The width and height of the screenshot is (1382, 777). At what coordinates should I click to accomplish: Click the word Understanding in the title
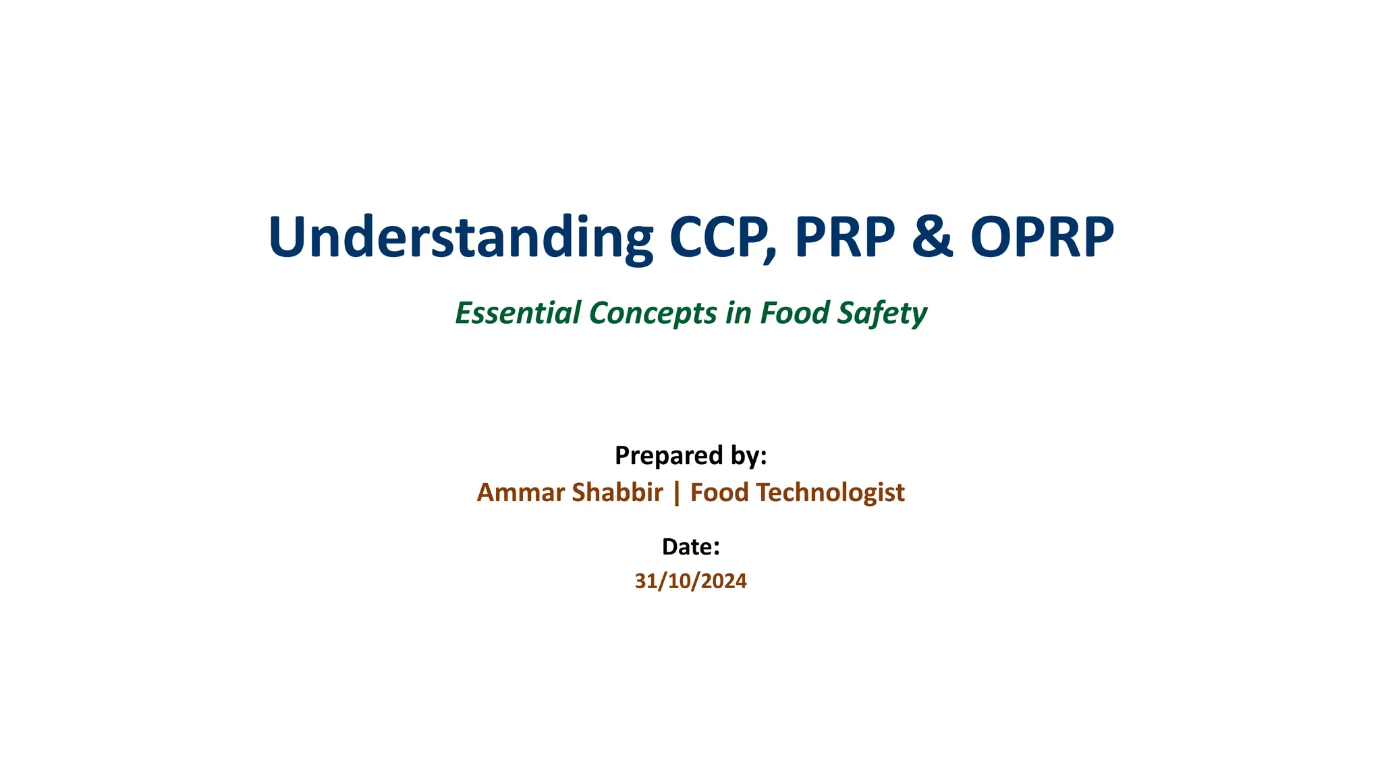[x=460, y=237]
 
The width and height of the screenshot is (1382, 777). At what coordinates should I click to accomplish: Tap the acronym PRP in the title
[x=845, y=237]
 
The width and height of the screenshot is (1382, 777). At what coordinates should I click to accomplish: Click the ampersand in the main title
[x=933, y=237]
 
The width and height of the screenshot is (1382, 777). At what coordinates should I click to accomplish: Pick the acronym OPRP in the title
[x=1042, y=237]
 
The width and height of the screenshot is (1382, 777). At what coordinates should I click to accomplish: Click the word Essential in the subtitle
[x=518, y=313]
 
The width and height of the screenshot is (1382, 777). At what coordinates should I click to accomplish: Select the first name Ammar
[x=520, y=493]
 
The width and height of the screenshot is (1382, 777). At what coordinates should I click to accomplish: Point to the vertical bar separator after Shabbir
[x=677, y=493]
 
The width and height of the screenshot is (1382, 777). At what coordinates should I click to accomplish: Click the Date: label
[x=690, y=547]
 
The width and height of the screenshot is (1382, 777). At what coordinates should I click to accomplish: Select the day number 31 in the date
[x=645, y=581]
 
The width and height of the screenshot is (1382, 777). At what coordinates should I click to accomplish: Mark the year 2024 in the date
[x=725, y=581]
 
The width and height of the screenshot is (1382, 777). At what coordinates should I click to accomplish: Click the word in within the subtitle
[x=738, y=313]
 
